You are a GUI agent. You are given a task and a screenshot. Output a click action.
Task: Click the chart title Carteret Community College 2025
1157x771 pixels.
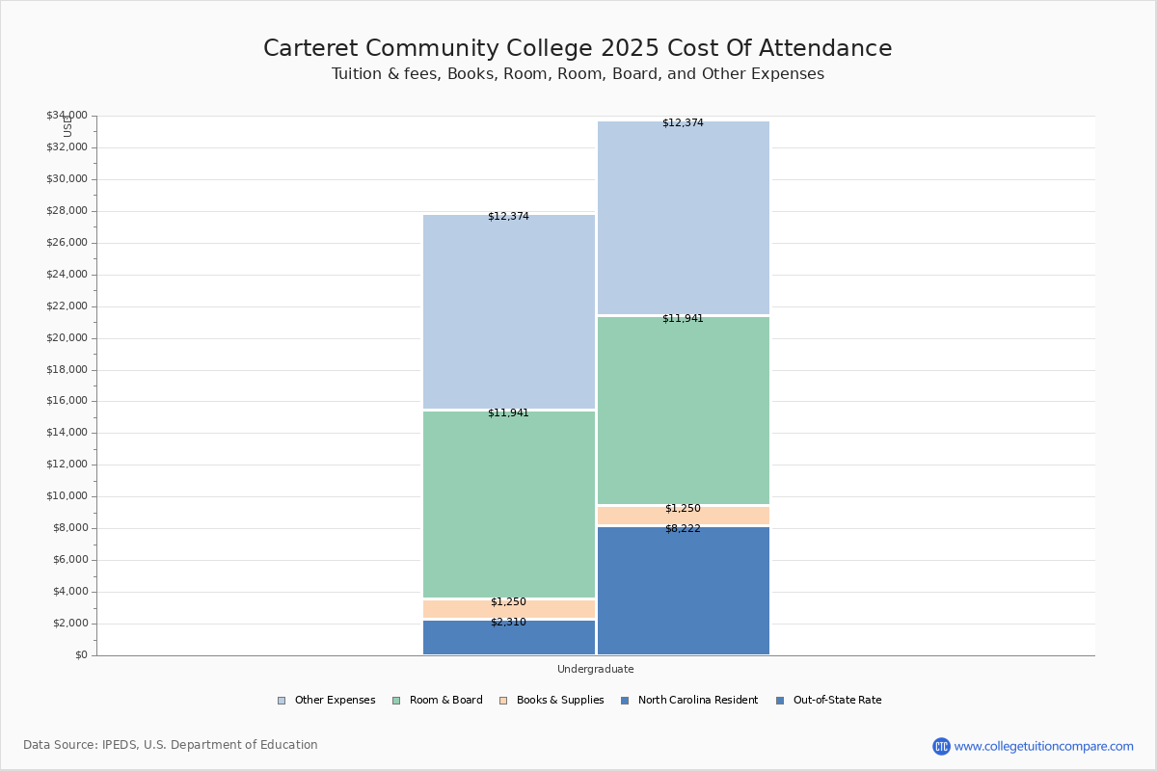coord(578,48)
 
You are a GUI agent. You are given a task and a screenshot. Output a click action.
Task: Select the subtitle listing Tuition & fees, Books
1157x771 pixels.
coord(578,74)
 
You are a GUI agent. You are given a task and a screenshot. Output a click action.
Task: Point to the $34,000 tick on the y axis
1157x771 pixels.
coord(67,116)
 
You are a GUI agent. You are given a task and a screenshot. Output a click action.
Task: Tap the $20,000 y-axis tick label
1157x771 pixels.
coord(67,338)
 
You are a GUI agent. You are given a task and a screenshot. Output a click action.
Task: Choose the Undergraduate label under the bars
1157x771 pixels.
coord(595,669)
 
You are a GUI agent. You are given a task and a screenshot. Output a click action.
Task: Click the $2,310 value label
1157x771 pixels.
coord(508,623)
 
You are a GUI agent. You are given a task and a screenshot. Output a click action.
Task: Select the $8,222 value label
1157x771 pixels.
coord(683,528)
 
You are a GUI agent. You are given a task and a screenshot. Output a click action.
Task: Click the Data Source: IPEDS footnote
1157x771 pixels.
coord(171,745)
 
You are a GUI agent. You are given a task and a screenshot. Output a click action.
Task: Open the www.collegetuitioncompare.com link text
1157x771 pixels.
coord(1043,746)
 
